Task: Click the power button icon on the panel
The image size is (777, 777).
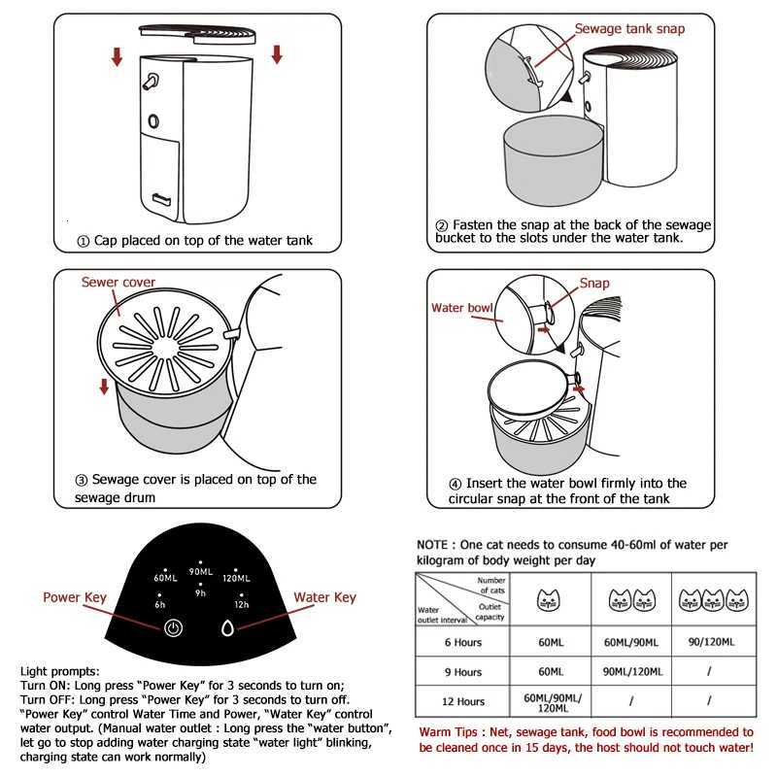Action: point(174,627)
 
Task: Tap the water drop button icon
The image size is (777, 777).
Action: point(227,627)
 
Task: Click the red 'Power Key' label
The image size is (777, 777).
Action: point(75,597)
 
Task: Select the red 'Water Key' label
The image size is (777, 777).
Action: point(324,597)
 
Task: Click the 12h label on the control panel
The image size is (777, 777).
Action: point(242,603)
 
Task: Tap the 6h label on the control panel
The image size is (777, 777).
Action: point(161,603)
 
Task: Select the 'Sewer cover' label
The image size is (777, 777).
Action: point(118,283)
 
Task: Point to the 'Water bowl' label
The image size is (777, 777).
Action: point(462,309)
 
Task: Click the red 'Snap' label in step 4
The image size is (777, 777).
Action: point(594,284)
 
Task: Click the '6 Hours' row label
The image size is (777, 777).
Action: point(462,643)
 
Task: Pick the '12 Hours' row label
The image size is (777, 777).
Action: point(462,701)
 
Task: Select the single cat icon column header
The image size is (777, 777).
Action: point(550,599)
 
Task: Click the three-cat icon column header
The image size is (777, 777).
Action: point(709,599)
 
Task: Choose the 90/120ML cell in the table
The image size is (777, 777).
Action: point(709,642)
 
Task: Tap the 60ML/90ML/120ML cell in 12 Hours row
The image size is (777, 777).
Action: point(550,701)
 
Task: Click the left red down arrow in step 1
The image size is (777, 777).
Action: point(117,56)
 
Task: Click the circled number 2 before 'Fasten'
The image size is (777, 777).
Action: point(442,225)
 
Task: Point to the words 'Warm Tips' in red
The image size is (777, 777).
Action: point(450,731)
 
